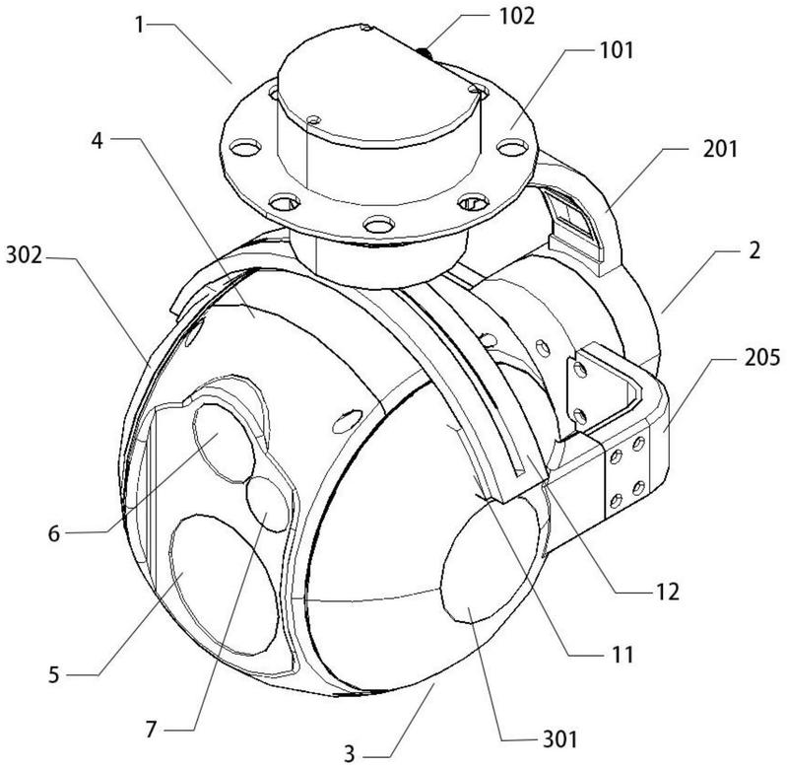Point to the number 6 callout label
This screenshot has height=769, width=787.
pyautogui.click(x=54, y=532)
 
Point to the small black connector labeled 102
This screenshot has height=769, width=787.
pyautogui.click(x=424, y=49)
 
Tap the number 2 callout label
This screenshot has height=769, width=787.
pyautogui.click(x=753, y=253)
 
